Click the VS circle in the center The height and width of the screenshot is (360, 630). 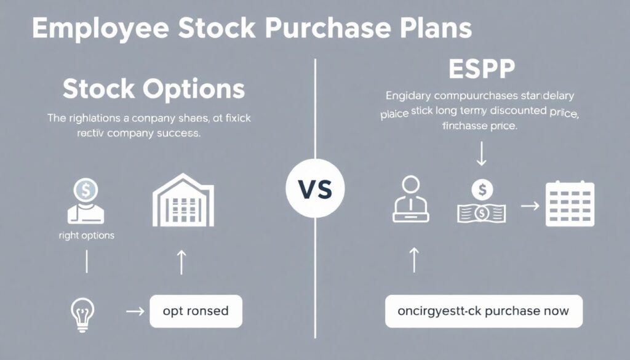(315, 189)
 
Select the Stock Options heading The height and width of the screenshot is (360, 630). (154, 89)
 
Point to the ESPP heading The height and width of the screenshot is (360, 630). (480, 70)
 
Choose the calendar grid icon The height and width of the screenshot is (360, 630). (569, 205)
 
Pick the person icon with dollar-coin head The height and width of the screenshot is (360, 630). (86, 202)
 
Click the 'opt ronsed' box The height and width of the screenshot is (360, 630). (196, 311)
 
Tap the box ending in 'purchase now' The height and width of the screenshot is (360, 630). (484, 311)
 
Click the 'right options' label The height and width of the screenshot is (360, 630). (86, 236)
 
